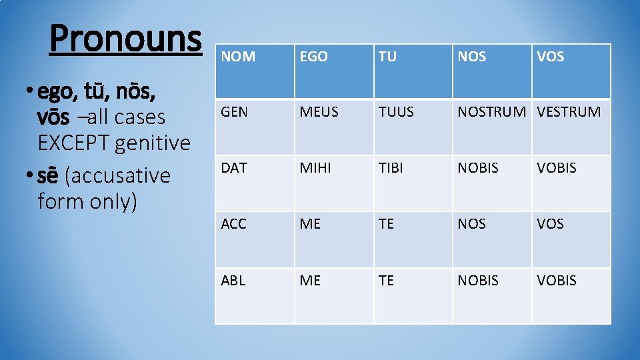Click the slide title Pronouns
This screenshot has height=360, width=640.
click(x=125, y=38)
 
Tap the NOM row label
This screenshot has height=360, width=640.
click(x=238, y=57)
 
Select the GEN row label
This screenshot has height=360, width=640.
click(x=235, y=111)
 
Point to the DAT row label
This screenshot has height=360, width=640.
click(x=234, y=168)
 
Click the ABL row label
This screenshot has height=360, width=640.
click(x=233, y=281)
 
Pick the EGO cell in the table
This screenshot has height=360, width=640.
click(x=313, y=57)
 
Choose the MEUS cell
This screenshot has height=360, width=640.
click(x=319, y=111)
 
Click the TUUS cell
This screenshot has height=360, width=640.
click(x=396, y=111)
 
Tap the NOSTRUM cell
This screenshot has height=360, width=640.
click(x=491, y=111)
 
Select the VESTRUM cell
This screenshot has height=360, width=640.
click(x=569, y=111)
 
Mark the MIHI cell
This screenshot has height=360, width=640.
click(x=315, y=168)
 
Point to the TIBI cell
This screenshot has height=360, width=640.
click(x=391, y=168)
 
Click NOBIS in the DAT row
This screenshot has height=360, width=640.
click(x=477, y=168)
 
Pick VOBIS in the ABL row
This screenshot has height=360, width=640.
click(x=557, y=281)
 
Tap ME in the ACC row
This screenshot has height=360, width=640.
click(x=310, y=224)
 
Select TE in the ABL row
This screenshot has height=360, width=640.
click(x=386, y=281)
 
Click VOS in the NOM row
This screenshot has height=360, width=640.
click(x=550, y=57)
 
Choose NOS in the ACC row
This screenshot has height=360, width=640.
click(x=471, y=224)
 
